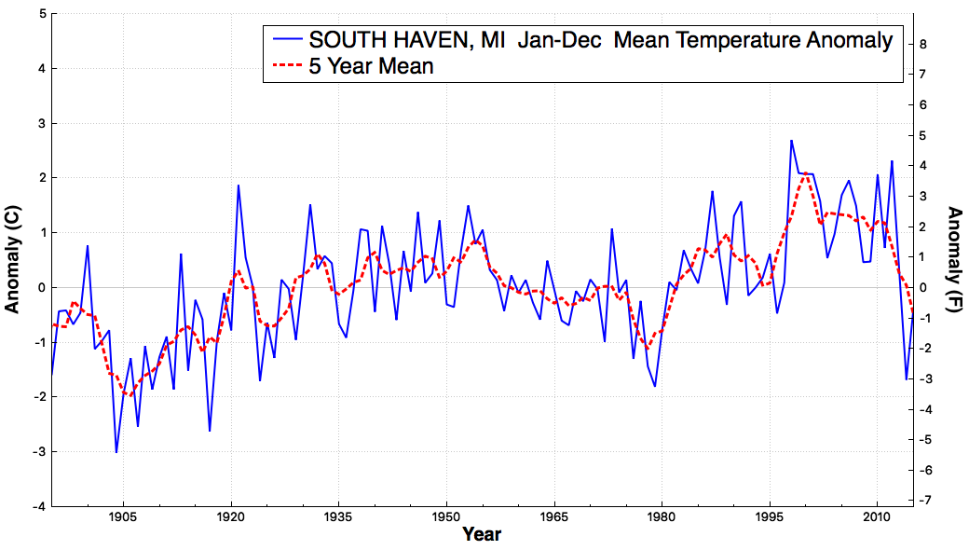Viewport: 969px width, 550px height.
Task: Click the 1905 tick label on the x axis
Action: [123, 516]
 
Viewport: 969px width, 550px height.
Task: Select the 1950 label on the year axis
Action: [446, 516]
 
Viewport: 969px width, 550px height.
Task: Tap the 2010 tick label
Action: [877, 516]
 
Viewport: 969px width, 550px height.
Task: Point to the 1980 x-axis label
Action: [662, 516]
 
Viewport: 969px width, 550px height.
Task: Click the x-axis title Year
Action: [482, 534]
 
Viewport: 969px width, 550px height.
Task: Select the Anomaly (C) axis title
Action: [12, 259]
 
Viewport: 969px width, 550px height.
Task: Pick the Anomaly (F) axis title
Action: [955, 260]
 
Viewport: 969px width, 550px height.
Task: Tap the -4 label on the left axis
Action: [39, 507]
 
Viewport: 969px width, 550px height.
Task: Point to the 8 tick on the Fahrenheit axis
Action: [923, 44]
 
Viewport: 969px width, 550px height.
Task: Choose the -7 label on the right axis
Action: [921, 500]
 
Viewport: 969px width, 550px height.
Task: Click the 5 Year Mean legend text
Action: [371, 66]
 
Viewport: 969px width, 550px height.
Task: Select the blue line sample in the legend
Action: [287, 40]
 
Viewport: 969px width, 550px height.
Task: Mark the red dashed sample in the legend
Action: [287, 66]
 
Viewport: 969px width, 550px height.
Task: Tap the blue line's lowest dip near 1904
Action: [116, 452]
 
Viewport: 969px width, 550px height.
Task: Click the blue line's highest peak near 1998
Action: [791, 141]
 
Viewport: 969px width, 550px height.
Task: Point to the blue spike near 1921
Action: [238, 186]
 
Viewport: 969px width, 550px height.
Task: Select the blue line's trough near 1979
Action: [654, 386]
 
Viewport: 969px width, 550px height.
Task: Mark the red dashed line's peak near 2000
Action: [805, 173]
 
